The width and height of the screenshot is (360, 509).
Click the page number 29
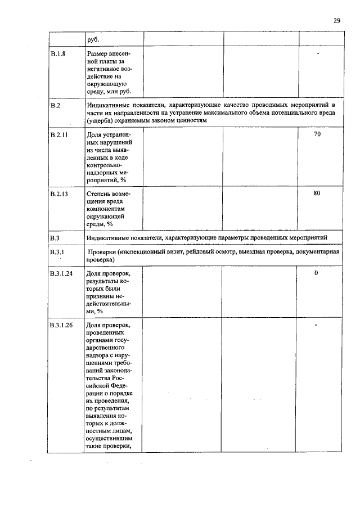coord(336,20)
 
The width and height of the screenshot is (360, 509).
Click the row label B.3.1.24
coord(61,273)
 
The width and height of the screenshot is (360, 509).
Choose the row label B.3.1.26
coord(61,326)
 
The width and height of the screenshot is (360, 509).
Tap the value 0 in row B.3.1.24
coord(316,273)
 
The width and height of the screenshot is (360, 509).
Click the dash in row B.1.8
coord(318,54)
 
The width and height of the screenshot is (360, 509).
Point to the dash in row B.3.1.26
coord(317,325)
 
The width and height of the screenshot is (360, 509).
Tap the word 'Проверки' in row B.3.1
coord(101,253)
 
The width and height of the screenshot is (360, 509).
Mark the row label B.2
coord(55,105)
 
